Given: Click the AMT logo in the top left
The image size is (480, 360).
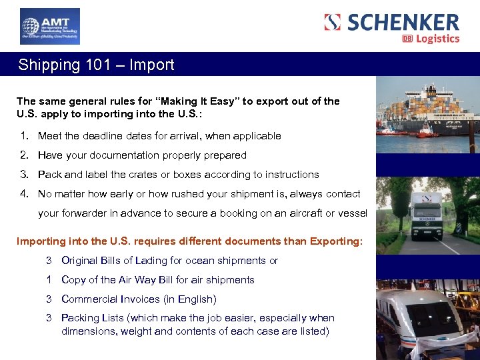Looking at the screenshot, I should [50, 27].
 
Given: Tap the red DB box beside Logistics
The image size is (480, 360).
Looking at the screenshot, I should [407, 39].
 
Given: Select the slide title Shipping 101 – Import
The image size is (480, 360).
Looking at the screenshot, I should [96, 65].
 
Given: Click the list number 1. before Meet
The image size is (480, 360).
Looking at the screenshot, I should [24, 136].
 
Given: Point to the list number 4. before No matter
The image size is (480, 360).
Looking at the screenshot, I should [24, 194].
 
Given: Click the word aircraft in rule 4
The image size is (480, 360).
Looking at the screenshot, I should [298, 213].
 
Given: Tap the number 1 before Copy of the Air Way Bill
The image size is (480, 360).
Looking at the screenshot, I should [49, 280].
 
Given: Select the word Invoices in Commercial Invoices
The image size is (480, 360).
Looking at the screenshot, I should [139, 299].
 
